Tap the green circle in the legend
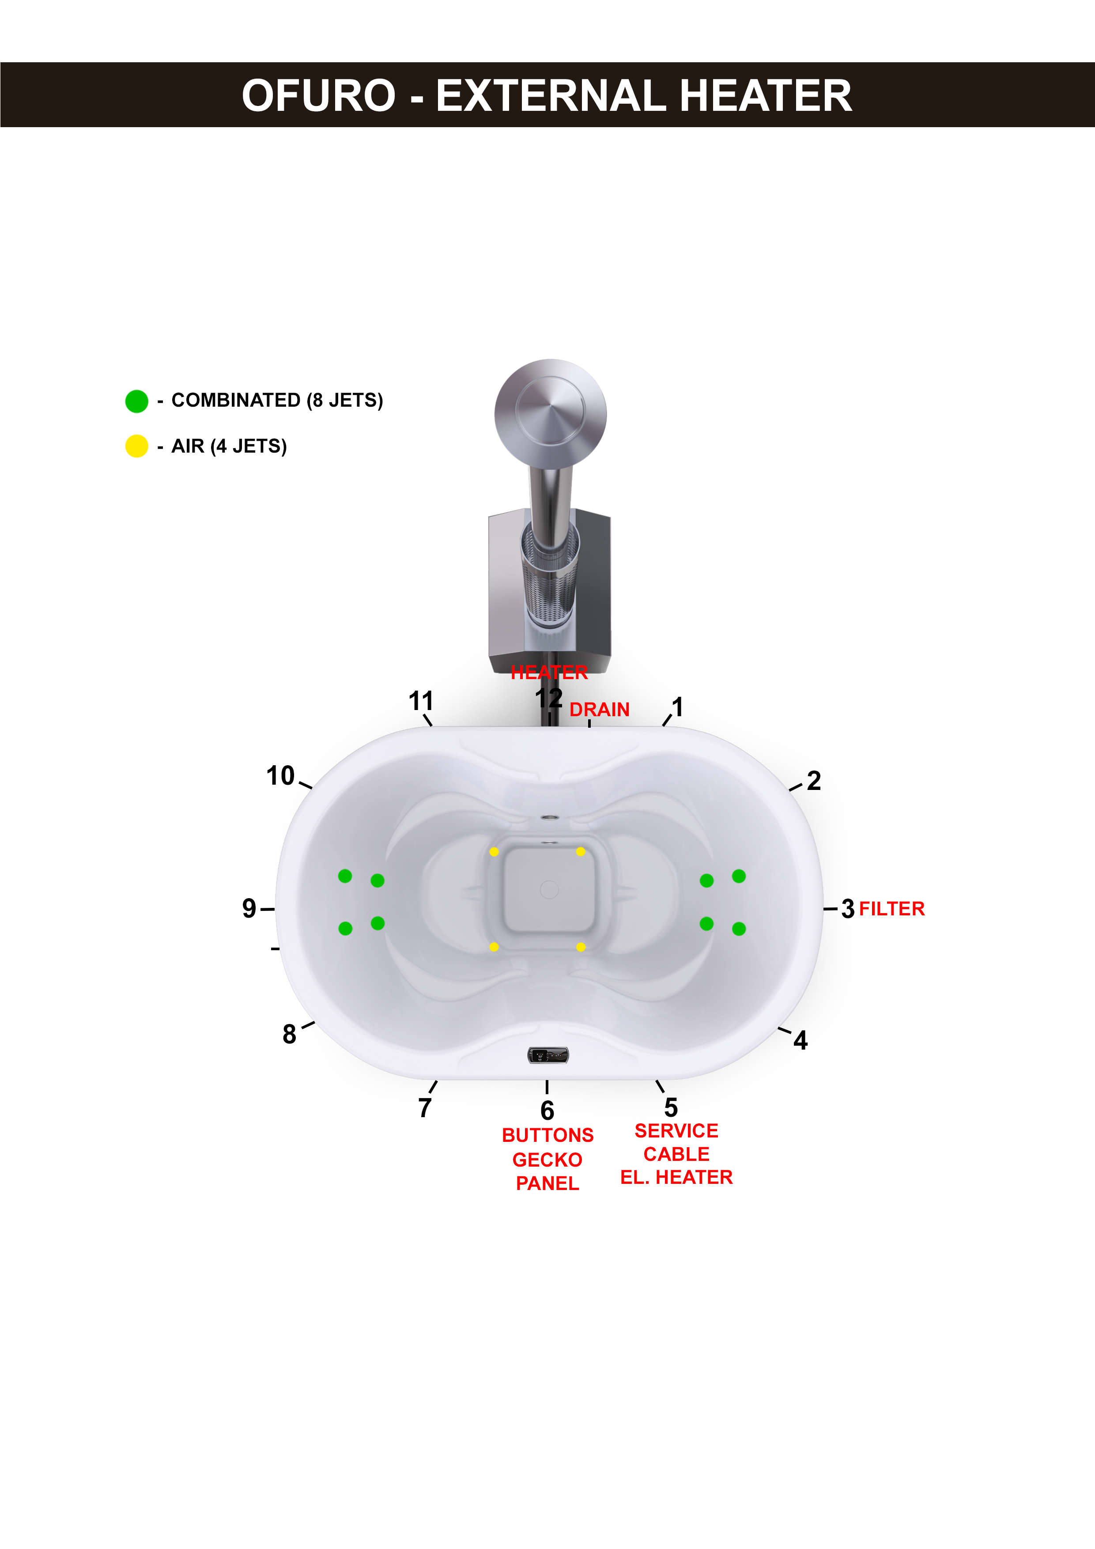pyautogui.click(x=136, y=401)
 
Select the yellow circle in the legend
pyautogui.click(x=136, y=446)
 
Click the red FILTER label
pyautogui.click(x=891, y=909)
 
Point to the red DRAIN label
pyautogui.click(x=599, y=710)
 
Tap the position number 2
pyautogui.click(x=814, y=781)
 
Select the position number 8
pyautogui.click(x=290, y=1034)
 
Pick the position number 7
pyautogui.click(x=425, y=1108)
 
